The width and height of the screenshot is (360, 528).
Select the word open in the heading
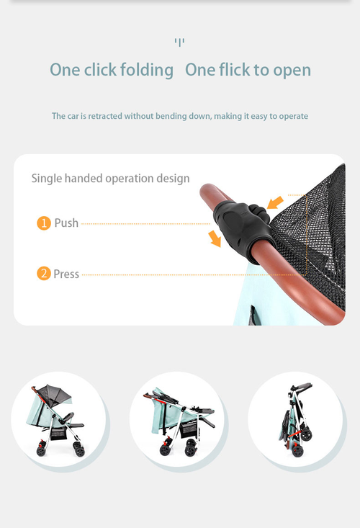pyautogui.click(x=292, y=70)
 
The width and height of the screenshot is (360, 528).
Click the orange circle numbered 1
pyautogui.click(x=44, y=223)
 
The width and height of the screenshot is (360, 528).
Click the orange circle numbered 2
pyautogui.click(x=44, y=274)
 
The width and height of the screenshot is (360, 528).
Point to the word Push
pyautogui.click(x=66, y=223)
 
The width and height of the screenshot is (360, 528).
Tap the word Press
pyautogui.click(x=66, y=274)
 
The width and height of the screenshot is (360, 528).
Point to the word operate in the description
pyautogui.click(x=293, y=116)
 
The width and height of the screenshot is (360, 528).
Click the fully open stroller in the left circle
pyautogui.click(x=58, y=421)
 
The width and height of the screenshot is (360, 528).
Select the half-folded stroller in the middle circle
pyautogui.click(x=176, y=421)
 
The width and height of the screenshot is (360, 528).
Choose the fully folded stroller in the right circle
pyautogui.click(x=295, y=421)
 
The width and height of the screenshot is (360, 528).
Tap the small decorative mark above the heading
pyautogui.click(x=179, y=42)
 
